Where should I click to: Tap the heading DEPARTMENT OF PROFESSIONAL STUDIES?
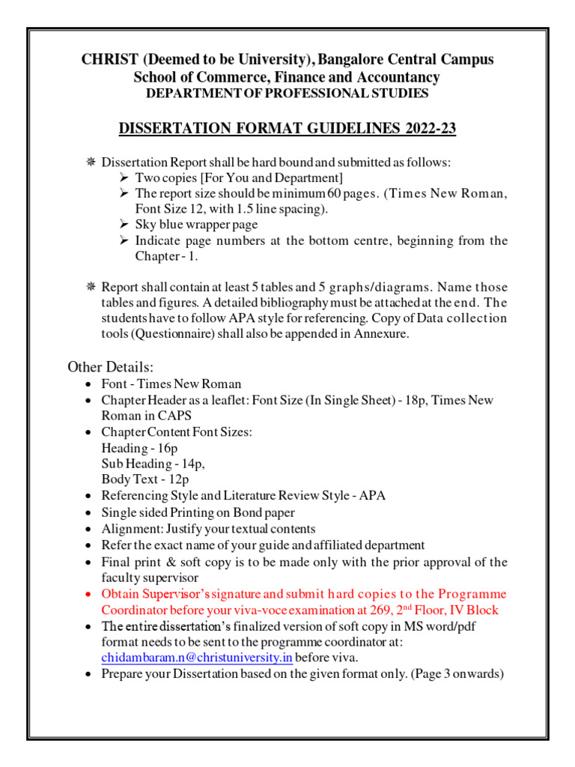click(x=287, y=94)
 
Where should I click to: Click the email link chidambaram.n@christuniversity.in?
click(x=197, y=657)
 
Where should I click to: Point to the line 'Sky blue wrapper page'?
click(x=196, y=224)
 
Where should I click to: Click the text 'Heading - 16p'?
click(x=139, y=448)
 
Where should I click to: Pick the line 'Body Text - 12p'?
click(x=145, y=479)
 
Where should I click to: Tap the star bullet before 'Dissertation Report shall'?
click(x=91, y=162)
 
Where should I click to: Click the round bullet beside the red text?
click(x=90, y=594)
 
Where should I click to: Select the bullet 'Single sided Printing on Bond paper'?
click(x=198, y=512)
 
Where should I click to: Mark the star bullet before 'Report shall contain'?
click(x=91, y=287)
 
